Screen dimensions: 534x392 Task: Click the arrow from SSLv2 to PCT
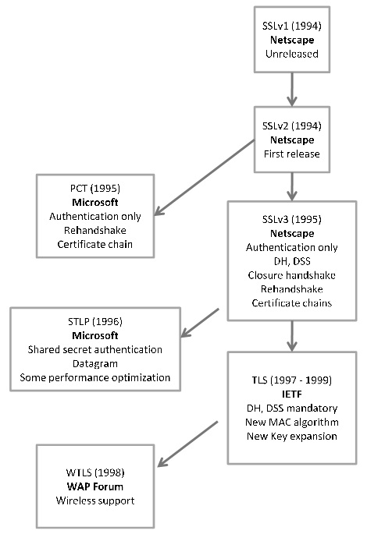(x=205, y=175)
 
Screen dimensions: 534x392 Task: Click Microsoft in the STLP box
(x=94, y=334)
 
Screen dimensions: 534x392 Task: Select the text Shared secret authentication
(x=94, y=349)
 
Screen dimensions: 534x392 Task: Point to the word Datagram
(x=94, y=363)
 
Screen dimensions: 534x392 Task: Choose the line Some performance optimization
(x=94, y=378)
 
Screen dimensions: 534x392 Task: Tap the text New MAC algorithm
(x=290, y=421)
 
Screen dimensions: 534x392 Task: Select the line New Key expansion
(x=290, y=436)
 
